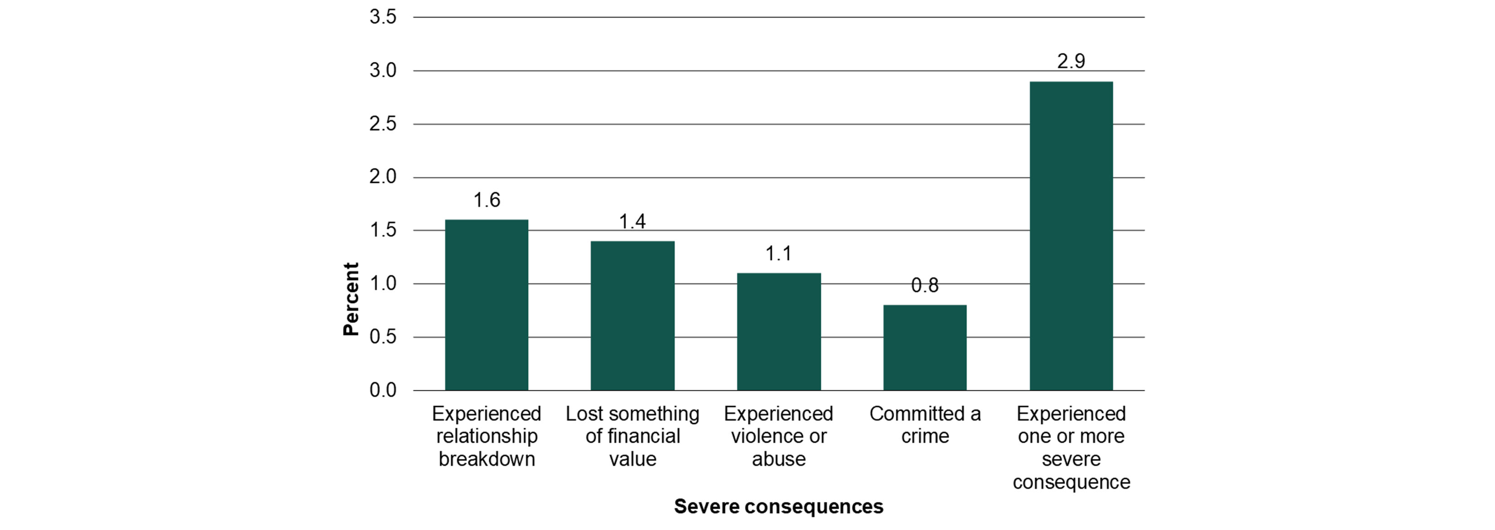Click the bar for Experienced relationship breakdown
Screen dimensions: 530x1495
pos(487,305)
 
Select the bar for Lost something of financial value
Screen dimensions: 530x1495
pos(632,315)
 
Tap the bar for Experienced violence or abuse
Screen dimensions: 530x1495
pos(779,331)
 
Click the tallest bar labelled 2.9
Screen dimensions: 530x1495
pos(1071,235)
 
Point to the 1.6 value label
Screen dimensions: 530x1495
pos(487,200)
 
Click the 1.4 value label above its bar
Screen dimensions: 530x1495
pos(632,221)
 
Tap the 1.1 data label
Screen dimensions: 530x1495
pos(779,253)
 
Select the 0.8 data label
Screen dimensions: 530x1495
pos(925,285)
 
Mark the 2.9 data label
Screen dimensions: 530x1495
pos(1071,61)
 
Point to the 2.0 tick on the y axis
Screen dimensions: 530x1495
pos(383,177)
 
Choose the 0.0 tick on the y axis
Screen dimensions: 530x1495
pos(383,390)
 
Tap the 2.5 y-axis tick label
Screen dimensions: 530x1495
pos(383,124)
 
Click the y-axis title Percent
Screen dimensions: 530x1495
pos(351,299)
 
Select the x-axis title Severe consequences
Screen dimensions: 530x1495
pos(779,506)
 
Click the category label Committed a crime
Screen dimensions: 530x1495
pos(925,425)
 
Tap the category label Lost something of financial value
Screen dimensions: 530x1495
pos(632,436)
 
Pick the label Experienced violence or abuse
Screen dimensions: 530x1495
pos(779,436)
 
